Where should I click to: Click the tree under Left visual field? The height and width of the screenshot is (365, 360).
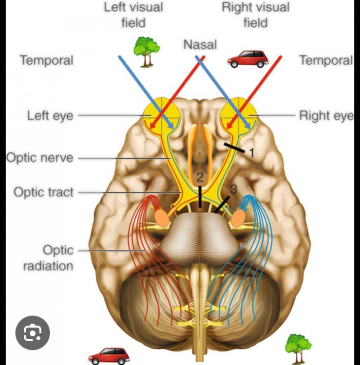tap(147, 51)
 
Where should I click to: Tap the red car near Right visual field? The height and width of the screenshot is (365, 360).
tap(248, 59)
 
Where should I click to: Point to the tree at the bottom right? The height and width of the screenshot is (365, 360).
tap(298, 348)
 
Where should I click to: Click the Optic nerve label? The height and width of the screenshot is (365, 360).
tap(39, 158)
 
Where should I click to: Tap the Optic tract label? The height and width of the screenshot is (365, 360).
tap(43, 192)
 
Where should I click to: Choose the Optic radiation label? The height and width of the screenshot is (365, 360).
tap(57, 258)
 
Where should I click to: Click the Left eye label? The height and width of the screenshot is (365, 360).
tap(50, 116)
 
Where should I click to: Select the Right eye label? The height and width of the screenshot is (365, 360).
tap(325, 116)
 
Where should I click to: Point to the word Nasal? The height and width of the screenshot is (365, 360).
tap(200, 45)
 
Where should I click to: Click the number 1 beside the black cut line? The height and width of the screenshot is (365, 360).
tap(252, 152)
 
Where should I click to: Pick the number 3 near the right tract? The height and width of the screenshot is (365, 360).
tap(233, 190)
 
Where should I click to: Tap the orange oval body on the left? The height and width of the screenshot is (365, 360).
tap(161, 217)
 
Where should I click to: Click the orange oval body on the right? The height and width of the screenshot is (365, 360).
tap(237, 218)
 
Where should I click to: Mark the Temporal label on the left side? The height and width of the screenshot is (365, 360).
tap(46, 60)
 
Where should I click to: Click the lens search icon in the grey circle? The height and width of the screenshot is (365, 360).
tap(33, 333)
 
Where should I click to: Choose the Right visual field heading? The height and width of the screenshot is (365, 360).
tap(255, 15)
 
